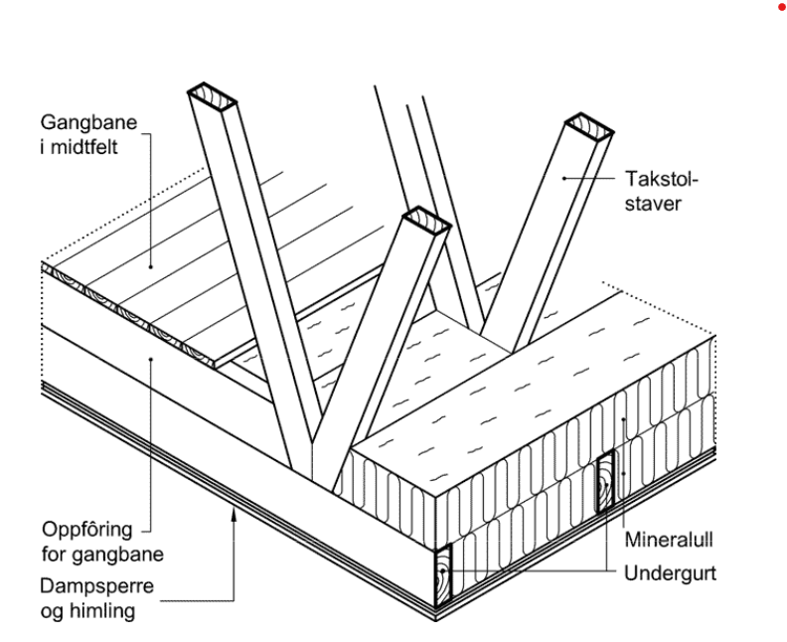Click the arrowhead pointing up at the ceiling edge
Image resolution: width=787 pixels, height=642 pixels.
click(235, 512)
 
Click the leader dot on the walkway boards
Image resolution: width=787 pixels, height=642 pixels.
click(151, 265)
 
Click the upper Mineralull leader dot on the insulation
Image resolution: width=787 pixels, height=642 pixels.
click(623, 421)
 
